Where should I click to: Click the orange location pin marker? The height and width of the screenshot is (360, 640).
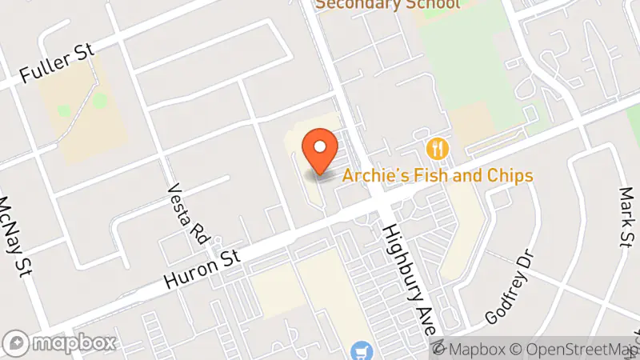tap(320, 151)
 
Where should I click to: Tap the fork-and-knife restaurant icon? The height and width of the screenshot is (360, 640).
tap(437, 148)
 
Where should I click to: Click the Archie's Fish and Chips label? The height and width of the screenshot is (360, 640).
tap(438, 175)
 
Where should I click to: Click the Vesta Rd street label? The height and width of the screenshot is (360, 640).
tap(188, 212)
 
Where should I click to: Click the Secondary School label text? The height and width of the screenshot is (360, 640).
tap(388, 4)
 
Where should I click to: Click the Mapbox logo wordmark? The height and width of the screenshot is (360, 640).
tap(72, 344)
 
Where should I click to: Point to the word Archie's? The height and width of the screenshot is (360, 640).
tap(370, 175)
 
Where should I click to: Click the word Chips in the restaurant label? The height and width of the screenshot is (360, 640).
tap(510, 175)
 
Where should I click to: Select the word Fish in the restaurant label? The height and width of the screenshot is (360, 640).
tap(418, 175)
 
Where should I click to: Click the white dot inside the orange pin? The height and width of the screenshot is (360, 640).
tap(320, 146)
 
